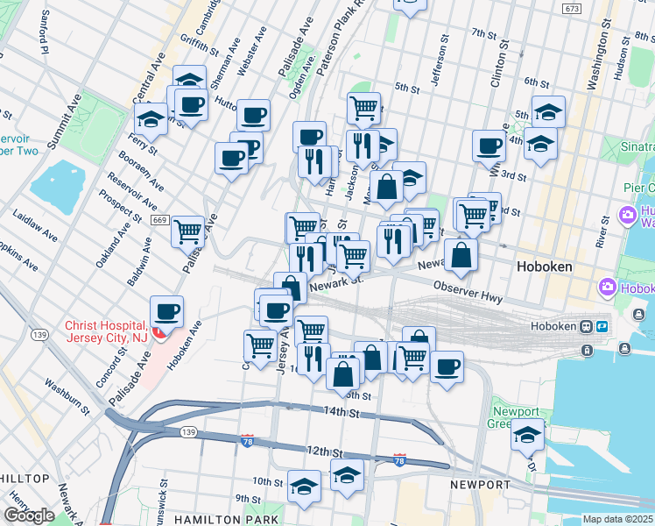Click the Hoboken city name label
[x=544, y=266]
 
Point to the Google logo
[x=29, y=515]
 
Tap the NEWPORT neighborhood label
[x=480, y=485]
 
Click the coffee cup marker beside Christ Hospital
[x=166, y=312]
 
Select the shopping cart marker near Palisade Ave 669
[x=187, y=231]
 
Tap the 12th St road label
[x=323, y=451]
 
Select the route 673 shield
[x=573, y=8]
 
